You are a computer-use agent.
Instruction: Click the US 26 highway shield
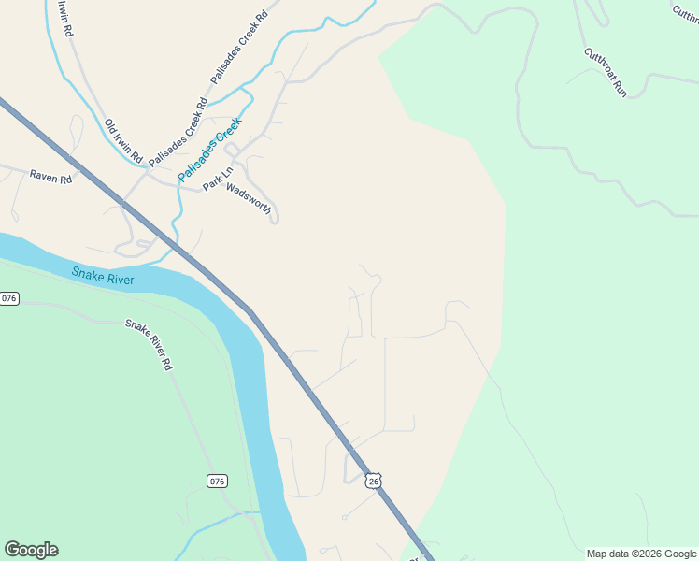(x=374, y=481)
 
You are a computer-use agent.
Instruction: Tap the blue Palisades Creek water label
(x=210, y=149)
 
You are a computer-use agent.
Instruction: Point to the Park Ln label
(x=216, y=181)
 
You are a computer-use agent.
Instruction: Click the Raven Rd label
(x=50, y=176)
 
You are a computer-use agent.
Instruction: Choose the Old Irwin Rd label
(x=123, y=139)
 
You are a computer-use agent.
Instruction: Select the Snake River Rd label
(x=149, y=345)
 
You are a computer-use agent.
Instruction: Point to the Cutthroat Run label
(x=605, y=72)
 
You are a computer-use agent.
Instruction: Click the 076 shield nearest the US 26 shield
(x=217, y=481)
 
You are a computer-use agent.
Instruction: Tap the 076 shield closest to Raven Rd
(x=9, y=298)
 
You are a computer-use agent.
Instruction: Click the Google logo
(x=31, y=550)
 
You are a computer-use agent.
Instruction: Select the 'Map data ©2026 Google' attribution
(x=641, y=554)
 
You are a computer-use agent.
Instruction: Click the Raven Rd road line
(x=93, y=181)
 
